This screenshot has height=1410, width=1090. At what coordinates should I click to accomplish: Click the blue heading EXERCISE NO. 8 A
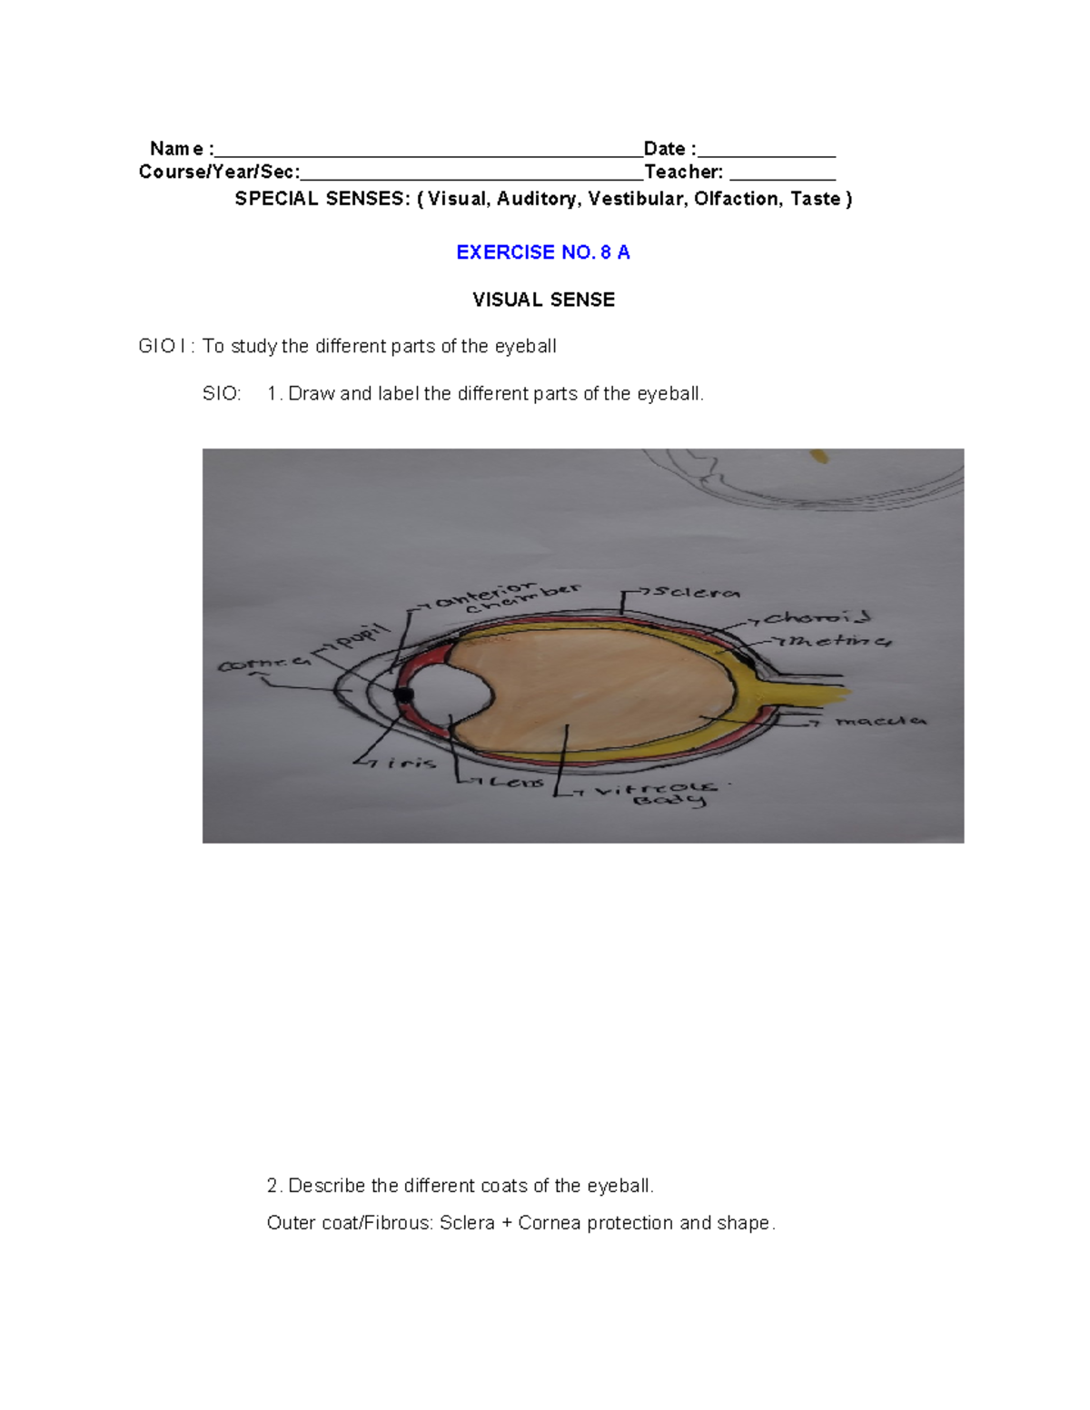[542, 252]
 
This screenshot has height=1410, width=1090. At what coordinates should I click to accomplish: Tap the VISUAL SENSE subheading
[543, 300]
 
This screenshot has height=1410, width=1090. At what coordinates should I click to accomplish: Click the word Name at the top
[177, 149]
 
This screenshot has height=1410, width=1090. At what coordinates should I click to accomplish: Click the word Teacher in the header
[683, 173]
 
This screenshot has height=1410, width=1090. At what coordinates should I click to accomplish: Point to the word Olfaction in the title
[736, 199]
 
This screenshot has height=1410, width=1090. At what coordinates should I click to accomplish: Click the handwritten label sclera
[696, 593]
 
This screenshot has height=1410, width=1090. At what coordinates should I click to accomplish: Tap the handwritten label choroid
[817, 618]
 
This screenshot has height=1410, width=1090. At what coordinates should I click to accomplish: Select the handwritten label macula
[879, 721]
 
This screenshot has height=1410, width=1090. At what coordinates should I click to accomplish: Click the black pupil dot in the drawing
[403, 695]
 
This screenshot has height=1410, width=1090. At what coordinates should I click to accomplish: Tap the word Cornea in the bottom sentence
[549, 1223]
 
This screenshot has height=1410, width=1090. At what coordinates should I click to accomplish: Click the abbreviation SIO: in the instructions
[222, 394]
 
